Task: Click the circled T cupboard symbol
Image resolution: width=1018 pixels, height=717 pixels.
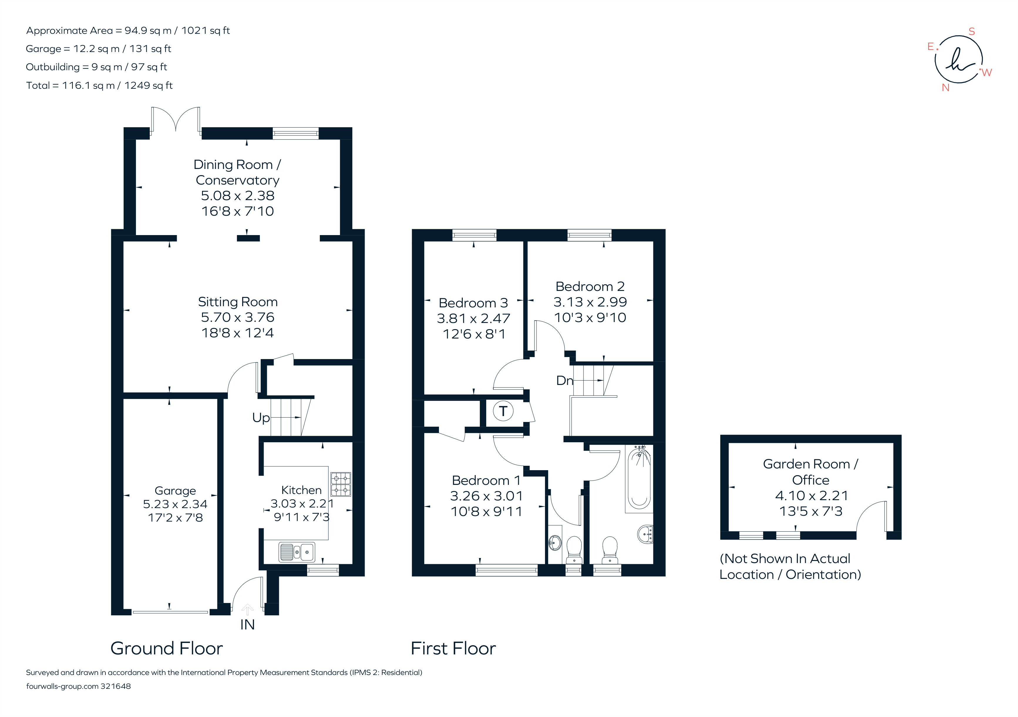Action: [503, 411]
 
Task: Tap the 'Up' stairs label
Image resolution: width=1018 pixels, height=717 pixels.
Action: [261, 418]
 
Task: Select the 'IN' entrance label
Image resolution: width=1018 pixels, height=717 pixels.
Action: [248, 625]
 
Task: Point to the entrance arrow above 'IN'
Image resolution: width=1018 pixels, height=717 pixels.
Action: [248, 610]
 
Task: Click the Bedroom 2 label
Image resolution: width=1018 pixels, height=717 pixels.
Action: [590, 287]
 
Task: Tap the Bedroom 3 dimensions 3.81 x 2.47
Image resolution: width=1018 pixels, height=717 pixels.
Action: [474, 319]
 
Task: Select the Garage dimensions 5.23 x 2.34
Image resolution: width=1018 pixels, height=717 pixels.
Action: [175, 505]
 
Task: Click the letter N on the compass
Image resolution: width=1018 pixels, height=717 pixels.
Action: [946, 88]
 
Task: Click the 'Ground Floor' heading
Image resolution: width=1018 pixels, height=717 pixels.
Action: [167, 649]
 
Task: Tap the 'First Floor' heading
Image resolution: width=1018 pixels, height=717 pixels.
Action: [453, 649]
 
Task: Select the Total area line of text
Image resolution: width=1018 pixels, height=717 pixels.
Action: [99, 86]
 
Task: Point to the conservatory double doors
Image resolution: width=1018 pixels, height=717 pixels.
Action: [176, 119]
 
